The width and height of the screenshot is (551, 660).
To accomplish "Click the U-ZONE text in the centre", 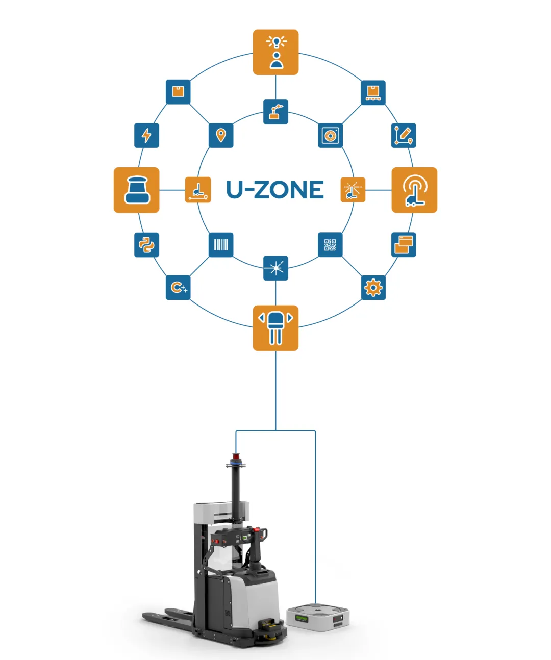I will point(275,190).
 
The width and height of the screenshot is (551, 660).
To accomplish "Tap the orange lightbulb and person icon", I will point(275,52).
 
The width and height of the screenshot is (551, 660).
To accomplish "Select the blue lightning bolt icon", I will point(146,135).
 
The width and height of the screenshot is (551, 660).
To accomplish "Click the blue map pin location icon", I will point(221,135).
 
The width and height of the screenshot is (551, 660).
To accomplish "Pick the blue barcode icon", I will point(221,244).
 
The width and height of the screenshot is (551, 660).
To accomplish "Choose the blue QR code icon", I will point(330,244).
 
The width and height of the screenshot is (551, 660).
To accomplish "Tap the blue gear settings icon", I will point(373,288).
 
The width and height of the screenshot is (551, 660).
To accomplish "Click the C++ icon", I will point(178,288).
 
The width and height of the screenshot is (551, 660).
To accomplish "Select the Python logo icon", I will point(146,244).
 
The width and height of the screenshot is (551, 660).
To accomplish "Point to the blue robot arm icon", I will point(275,112).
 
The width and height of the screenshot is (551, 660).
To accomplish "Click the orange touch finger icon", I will point(414,190).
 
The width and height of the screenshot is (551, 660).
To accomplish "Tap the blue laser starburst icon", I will point(275,268).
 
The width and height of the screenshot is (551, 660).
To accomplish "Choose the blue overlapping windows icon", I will point(404,244).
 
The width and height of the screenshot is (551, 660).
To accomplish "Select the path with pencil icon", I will point(404,135).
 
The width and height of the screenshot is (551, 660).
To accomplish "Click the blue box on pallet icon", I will point(373,92).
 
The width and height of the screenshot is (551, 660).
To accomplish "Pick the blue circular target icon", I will point(330,135).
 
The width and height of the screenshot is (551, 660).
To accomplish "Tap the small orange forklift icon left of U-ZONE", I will point(198,190).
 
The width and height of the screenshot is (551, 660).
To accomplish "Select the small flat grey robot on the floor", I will point(318,617).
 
